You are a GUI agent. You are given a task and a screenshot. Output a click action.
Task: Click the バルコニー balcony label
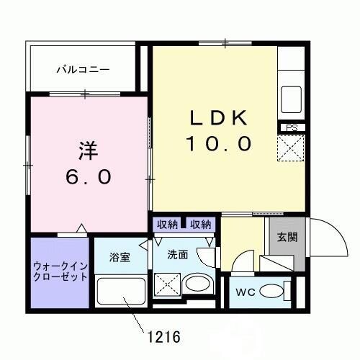click(84, 70)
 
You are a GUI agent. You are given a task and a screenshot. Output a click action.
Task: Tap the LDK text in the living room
click(219, 117)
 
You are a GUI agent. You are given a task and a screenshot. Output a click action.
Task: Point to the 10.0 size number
click(219, 144)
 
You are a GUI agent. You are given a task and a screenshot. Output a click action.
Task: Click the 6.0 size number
click(87, 176)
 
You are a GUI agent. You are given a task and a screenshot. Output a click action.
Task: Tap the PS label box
click(292, 128)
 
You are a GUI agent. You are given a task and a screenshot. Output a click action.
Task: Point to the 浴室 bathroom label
click(120, 257)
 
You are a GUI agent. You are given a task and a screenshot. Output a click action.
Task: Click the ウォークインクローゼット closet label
click(60, 271)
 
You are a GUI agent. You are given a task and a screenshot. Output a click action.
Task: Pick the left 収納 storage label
click(167, 225)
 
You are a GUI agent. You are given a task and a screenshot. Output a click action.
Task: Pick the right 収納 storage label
click(201, 225)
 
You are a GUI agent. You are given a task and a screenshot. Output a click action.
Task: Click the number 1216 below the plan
click(163, 336)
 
